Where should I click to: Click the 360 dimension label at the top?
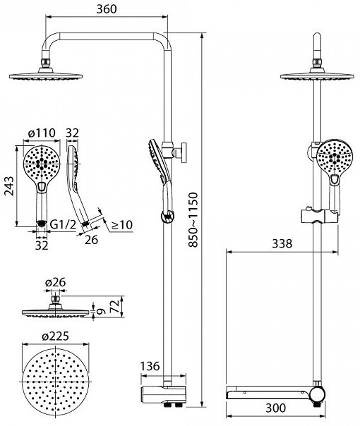pyautogui.click(x=107, y=9)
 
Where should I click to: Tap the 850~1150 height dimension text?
pyautogui.click(x=193, y=220)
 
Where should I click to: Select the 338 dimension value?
pyautogui.click(x=282, y=244)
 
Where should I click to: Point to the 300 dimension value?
pyautogui.click(x=276, y=408)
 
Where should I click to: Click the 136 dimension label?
pyautogui.click(x=150, y=366)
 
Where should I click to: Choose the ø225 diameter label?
pyautogui.click(x=55, y=336)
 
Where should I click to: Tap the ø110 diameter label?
pyautogui.click(x=42, y=133)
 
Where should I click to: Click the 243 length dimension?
pyautogui.click(x=9, y=186)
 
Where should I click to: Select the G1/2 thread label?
pyautogui.click(x=63, y=225)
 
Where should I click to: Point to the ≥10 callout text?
pyautogui.click(x=122, y=225)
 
